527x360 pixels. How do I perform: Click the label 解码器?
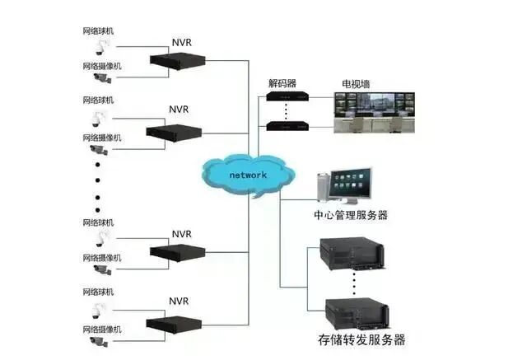(282, 83)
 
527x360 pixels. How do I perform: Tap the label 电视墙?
(356, 83)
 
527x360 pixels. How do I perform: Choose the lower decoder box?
(285, 126)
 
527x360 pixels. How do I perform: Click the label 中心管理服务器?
(351, 215)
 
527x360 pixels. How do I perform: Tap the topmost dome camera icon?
(104, 46)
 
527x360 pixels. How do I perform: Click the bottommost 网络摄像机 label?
(101, 329)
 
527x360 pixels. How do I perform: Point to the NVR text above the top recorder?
(181, 40)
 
